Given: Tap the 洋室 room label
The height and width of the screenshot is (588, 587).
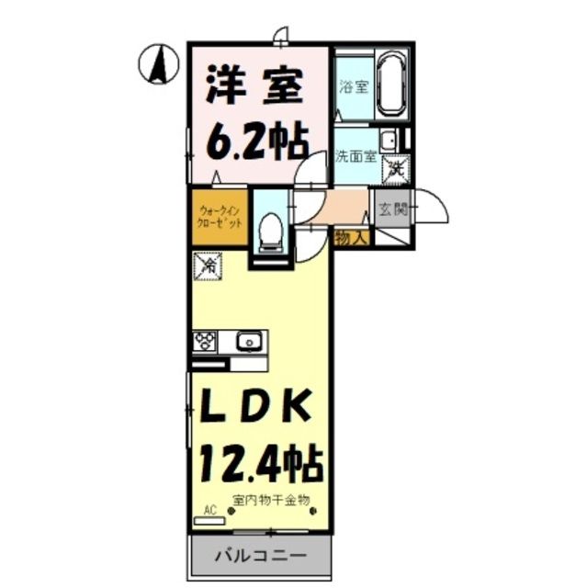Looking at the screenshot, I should (x=254, y=88).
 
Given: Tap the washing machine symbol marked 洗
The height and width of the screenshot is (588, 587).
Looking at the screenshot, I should (x=397, y=167).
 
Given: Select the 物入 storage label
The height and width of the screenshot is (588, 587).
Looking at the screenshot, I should (x=352, y=238).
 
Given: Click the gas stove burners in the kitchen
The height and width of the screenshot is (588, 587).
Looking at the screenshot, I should (x=204, y=343).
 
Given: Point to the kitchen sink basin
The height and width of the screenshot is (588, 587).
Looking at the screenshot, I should (x=247, y=343).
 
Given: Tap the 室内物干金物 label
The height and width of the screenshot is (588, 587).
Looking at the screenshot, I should (x=273, y=500).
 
